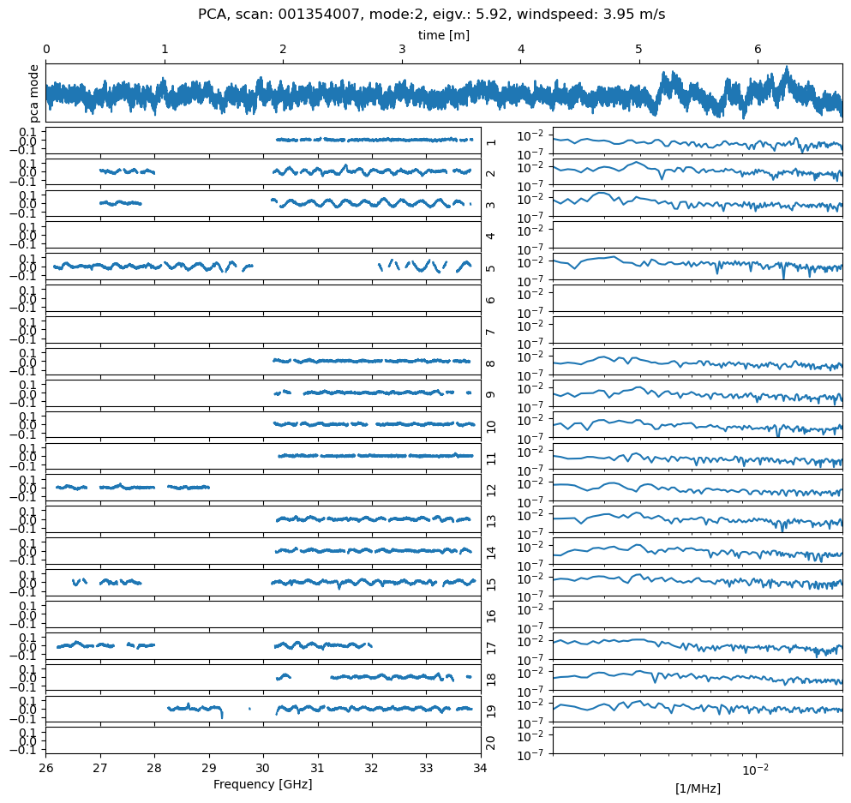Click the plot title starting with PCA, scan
click(x=431, y=15)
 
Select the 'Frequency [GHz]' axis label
click(x=262, y=784)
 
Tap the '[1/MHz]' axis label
click(x=698, y=788)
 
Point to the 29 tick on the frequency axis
click(x=209, y=767)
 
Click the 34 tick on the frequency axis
click(x=480, y=767)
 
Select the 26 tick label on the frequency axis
click(x=46, y=767)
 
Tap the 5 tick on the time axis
click(x=638, y=51)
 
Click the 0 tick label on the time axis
click(x=46, y=51)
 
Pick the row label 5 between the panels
click(x=490, y=267)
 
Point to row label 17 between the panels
click(x=490, y=647)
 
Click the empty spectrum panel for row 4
click(x=697, y=235)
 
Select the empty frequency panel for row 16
click(x=263, y=614)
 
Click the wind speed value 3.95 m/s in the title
click(x=631, y=15)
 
